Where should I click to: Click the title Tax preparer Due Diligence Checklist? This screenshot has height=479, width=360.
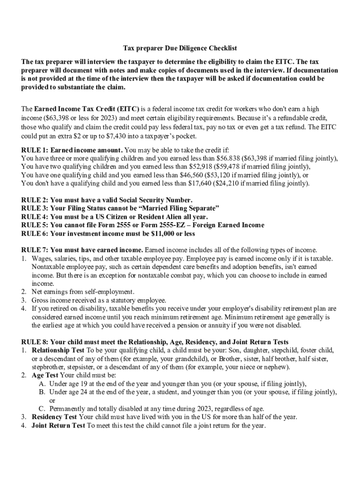(180, 48)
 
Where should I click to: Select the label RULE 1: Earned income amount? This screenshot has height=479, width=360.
(72, 150)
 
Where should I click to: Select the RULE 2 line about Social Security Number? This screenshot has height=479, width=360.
(107, 200)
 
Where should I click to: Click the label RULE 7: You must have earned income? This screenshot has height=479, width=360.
(82, 250)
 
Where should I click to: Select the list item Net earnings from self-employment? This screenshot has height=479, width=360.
(83, 292)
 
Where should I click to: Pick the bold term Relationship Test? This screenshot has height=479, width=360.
(58, 350)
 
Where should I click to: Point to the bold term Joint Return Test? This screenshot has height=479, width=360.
(58, 426)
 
